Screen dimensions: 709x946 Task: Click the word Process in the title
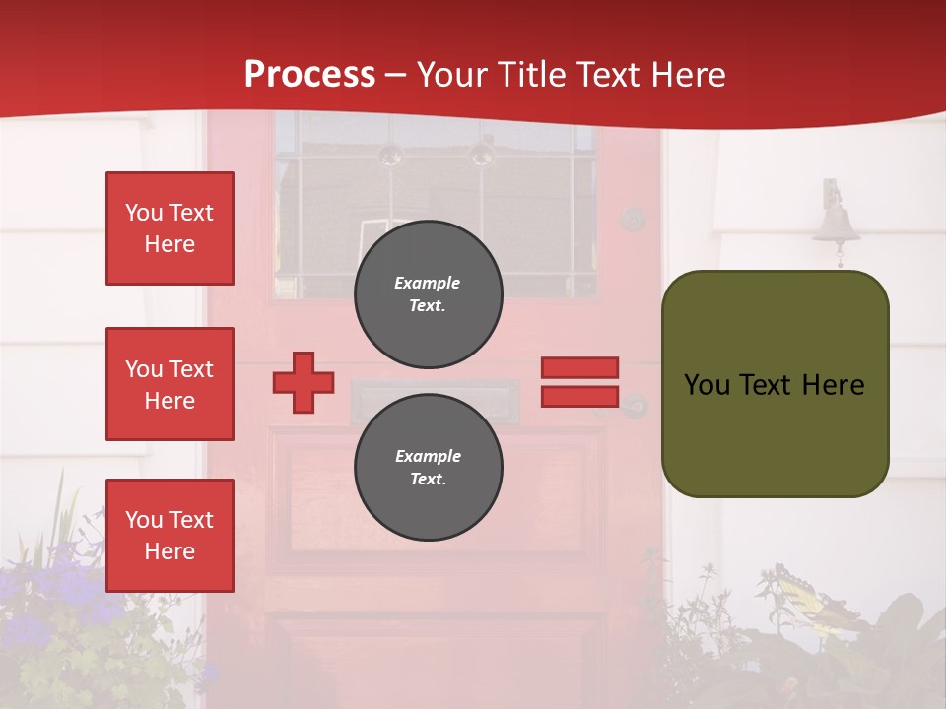click(309, 74)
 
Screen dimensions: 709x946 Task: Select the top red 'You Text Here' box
click(169, 228)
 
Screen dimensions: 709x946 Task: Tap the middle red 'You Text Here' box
click(169, 384)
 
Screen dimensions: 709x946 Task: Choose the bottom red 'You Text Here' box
click(169, 536)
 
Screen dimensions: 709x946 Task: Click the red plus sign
click(304, 382)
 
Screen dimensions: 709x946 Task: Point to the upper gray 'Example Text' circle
click(428, 294)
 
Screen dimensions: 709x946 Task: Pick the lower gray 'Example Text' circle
click(428, 468)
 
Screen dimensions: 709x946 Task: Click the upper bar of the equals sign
click(579, 367)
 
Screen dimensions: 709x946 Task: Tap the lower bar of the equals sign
click(579, 396)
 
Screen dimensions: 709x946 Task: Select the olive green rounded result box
click(775, 384)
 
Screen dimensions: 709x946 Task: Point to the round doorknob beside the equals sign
click(634, 405)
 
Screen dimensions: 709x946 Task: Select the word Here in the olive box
click(835, 385)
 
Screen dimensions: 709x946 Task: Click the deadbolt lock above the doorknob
click(632, 219)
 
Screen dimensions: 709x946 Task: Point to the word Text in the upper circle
click(428, 305)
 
